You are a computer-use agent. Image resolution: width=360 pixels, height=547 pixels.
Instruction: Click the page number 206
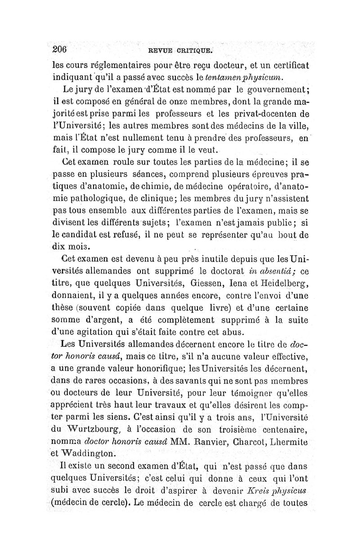tap(59, 49)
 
